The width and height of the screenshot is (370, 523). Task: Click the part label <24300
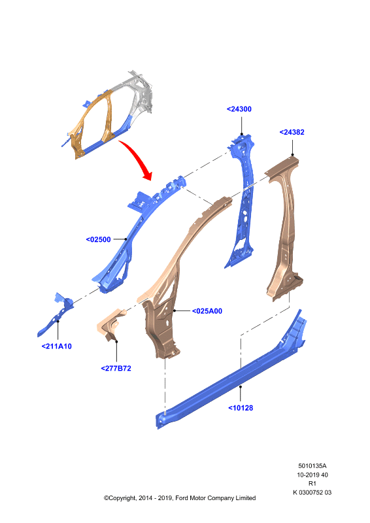[239, 109]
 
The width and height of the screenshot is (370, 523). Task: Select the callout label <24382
[292, 132]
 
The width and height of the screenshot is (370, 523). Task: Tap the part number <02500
[99, 239]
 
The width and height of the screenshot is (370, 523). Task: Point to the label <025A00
[207, 311]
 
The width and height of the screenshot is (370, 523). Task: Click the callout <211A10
[56, 346]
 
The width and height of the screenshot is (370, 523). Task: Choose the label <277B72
[116, 368]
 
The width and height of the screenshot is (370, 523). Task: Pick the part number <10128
[241, 407]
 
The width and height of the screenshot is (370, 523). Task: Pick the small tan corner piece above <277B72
[110, 324]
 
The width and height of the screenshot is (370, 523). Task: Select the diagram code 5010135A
[312, 465]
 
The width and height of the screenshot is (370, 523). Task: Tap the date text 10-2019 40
[312, 475]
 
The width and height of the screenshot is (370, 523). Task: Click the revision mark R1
[312, 483]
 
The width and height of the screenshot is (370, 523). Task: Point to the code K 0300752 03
[312, 492]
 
